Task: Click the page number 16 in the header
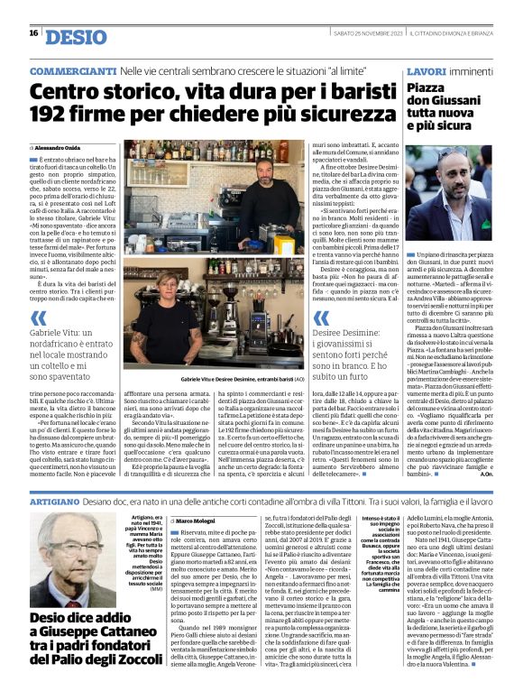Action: pyautogui.click(x=32, y=33)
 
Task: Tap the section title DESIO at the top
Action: pyautogui.click(x=76, y=36)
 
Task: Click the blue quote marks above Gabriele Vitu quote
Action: pyautogui.click(x=38, y=318)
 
